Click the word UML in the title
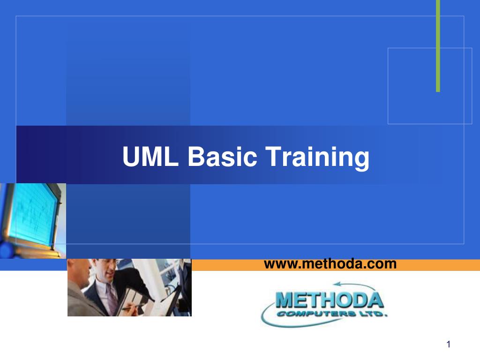150,156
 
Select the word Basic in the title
222,156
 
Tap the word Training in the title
317,158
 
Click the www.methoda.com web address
330,264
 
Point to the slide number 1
449,345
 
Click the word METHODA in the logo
330,300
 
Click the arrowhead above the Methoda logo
337,284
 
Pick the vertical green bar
438,46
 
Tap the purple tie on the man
111,299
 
